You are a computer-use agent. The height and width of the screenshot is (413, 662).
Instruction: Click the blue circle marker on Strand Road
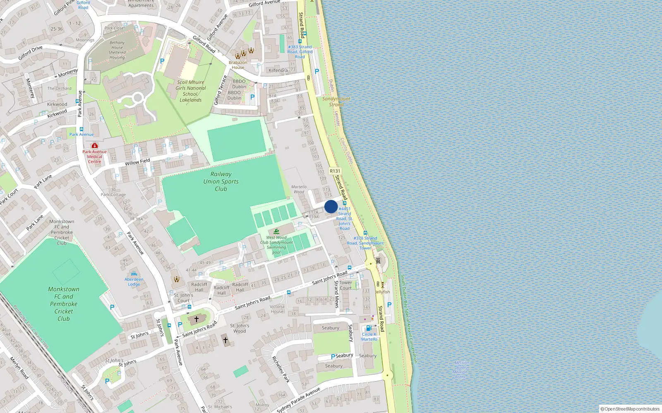[x=331, y=206]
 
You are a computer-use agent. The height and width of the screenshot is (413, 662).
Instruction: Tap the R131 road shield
[x=335, y=171]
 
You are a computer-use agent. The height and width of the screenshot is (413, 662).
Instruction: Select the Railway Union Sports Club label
[x=221, y=181]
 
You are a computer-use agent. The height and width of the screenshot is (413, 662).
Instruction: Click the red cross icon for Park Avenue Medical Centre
[x=95, y=145]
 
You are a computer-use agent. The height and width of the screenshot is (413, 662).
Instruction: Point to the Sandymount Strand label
[x=336, y=102]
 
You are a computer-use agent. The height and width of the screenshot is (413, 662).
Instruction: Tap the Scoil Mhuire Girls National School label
[x=190, y=91]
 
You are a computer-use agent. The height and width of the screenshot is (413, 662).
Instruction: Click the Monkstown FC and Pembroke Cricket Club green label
[x=64, y=304]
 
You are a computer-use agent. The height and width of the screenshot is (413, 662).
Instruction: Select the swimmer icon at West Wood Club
[x=276, y=231]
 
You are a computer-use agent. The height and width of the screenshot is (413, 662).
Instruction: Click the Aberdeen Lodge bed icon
[x=134, y=274]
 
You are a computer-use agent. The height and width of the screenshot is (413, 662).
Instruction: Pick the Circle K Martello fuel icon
[x=369, y=328]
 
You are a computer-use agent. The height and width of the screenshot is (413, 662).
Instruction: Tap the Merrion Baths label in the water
[x=461, y=370]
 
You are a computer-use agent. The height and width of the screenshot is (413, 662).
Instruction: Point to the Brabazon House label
[x=238, y=65]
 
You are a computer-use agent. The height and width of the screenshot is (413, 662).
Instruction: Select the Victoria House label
[x=277, y=309]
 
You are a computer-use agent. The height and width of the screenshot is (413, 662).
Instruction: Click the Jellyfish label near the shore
[x=382, y=292]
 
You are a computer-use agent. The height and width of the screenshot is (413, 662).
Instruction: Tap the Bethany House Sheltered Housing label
[x=117, y=50]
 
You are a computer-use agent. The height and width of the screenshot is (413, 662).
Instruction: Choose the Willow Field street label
[x=137, y=162]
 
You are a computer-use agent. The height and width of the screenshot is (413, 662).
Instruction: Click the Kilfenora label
[x=278, y=70]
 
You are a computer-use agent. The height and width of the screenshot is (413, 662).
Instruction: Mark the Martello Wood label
[x=299, y=189]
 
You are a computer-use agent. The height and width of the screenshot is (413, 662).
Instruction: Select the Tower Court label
[x=345, y=285]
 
